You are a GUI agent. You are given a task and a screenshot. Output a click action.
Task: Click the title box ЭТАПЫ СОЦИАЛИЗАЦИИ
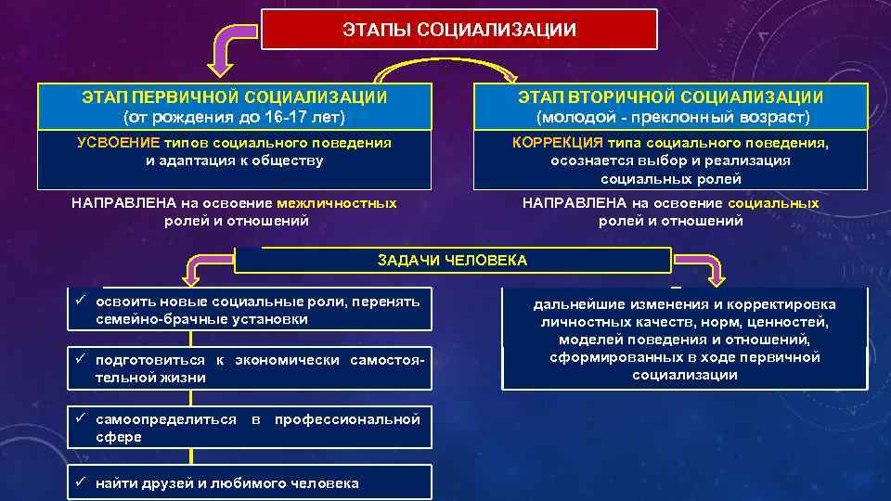(458, 30)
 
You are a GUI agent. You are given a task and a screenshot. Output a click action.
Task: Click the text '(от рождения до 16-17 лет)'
(234, 117)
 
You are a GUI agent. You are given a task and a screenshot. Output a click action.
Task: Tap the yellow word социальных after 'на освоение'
(773, 203)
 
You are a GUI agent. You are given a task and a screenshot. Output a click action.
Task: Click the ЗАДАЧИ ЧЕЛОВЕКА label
(452, 261)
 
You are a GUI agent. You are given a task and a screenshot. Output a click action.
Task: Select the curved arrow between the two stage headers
(445, 72)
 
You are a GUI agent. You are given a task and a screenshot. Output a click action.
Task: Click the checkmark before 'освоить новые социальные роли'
(81, 302)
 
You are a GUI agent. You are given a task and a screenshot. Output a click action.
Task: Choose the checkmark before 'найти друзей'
(81, 482)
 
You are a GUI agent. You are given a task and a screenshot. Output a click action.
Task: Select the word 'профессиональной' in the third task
(347, 419)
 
